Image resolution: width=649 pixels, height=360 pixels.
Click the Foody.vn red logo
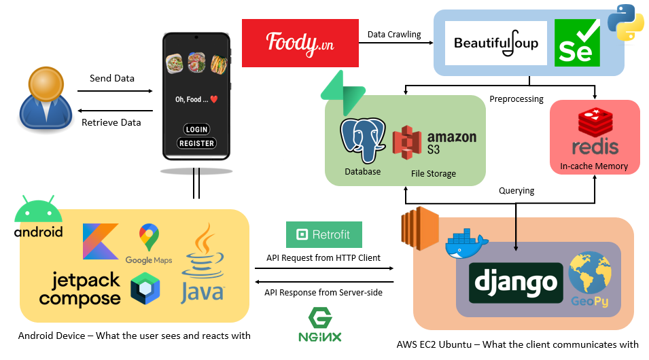300,43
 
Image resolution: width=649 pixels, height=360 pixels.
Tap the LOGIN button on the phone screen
197,129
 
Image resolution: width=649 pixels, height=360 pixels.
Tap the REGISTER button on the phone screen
197,143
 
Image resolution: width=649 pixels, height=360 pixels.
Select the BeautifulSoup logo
496,43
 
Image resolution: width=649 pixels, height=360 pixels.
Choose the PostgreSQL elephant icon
363,141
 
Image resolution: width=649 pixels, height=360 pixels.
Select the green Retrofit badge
324,235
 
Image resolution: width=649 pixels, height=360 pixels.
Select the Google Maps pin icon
148,238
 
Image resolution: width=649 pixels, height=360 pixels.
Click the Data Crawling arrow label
394,34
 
